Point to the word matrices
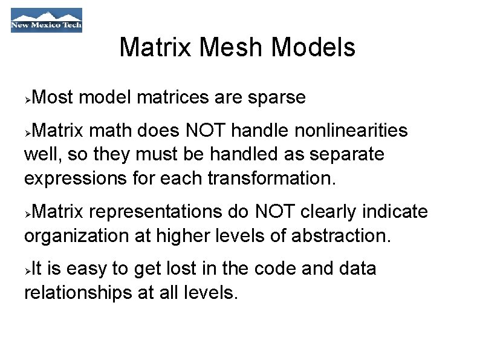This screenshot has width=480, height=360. coord(175,97)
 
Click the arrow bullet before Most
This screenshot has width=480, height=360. coord(28,98)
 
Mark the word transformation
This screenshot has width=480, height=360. coord(270,179)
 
